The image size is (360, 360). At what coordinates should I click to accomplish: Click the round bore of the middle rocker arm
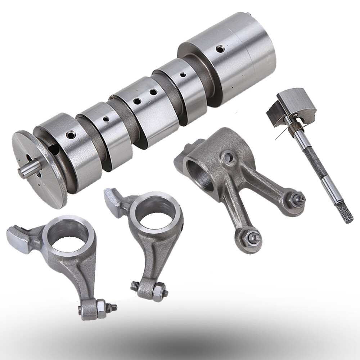[155, 216]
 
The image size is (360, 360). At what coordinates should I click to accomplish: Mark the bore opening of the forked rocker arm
[197, 177]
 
